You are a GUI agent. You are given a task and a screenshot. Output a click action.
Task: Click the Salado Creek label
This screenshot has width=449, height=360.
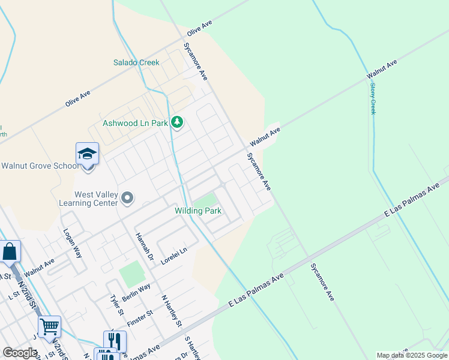(136, 62)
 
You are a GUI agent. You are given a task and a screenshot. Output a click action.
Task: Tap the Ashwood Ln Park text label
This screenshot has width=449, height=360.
(135, 123)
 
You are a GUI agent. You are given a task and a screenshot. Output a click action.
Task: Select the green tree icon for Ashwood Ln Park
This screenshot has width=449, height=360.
(176, 122)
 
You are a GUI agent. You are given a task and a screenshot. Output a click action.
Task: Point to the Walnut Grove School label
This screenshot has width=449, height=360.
(39, 166)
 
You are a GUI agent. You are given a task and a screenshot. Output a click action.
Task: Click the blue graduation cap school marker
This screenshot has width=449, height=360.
(87, 154)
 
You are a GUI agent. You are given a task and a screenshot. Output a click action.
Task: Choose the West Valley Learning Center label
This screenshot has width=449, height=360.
(95, 199)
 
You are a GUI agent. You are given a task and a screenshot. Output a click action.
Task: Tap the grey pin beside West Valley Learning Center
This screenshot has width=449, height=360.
(127, 197)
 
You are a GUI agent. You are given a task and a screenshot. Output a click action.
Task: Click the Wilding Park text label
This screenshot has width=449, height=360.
(198, 211)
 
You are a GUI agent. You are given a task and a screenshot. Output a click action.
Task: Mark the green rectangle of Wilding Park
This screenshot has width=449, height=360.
(206, 199)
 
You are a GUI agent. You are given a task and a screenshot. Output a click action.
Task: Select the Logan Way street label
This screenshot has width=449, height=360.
(72, 243)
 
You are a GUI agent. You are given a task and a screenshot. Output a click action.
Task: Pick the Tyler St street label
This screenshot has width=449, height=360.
(116, 305)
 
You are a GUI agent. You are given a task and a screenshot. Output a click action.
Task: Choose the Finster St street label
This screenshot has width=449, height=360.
(142, 316)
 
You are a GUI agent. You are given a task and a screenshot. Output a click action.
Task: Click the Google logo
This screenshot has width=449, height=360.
(20, 353)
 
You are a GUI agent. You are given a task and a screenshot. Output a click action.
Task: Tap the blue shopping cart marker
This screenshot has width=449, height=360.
(50, 327)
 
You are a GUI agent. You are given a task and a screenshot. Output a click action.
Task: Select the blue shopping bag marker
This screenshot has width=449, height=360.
(10, 252)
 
